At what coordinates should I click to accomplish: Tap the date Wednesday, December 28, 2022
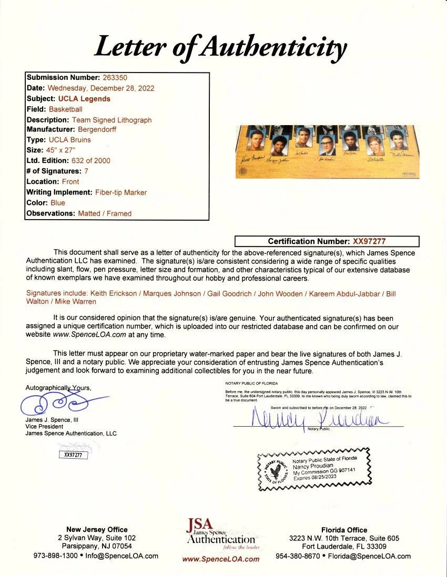(100, 88)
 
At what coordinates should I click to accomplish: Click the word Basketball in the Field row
(65, 109)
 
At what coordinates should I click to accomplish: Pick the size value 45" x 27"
(62, 150)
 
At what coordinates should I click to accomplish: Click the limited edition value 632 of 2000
(90, 160)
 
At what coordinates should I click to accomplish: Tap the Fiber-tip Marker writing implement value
(120, 192)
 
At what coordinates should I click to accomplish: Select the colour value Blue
(58, 202)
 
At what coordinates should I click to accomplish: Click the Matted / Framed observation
(105, 213)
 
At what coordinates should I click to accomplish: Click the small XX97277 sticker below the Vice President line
(73, 455)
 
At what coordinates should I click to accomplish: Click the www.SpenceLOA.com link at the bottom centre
(220, 559)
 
